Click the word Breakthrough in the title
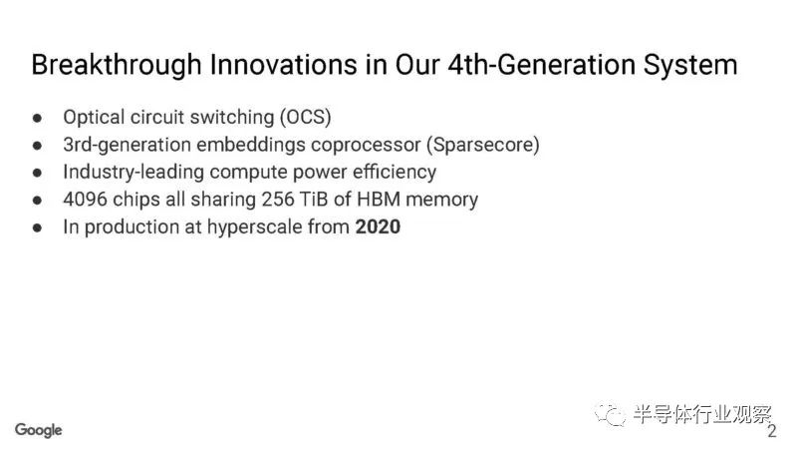point(117,66)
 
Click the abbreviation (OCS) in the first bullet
point(306,117)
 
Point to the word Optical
point(94,118)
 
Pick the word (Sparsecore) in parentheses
point(483,145)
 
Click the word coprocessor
point(366,146)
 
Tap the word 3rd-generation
point(128,145)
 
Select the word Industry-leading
point(133,172)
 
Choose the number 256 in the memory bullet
point(278,199)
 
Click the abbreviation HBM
point(379,199)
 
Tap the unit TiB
point(314,199)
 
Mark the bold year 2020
point(378,226)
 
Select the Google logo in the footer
point(39,430)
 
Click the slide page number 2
point(771,432)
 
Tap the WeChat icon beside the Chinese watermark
point(610,414)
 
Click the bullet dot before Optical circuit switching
point(37,118)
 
